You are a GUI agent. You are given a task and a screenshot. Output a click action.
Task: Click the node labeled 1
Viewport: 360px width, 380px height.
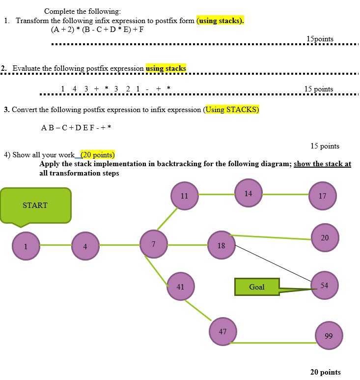click(x=26, y=246)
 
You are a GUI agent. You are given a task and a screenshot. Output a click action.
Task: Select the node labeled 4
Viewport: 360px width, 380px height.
click(x=85, y=246)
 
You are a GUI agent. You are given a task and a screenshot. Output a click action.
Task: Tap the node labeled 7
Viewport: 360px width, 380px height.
click(x=153, y=243)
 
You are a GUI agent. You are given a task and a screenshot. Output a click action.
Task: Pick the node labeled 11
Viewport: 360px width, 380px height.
click(x=184, y=195)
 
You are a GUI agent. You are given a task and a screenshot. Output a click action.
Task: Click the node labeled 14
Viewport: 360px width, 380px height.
click(x=248, y=193)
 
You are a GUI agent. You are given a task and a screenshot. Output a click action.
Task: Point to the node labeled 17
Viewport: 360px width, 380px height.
click(x=322, y=195)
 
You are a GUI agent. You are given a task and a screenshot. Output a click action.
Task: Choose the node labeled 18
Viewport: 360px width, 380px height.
click(x=222, y=245)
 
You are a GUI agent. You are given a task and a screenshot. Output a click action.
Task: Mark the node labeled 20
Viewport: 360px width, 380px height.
click(x=325, y=237)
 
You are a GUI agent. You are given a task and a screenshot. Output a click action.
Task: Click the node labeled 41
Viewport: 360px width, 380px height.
click(x=180, y=286)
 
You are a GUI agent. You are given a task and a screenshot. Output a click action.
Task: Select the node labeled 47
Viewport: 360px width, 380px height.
click(x=222, y=331)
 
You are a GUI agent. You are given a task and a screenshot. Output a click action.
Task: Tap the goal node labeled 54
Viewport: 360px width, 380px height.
click(x=324, y=285)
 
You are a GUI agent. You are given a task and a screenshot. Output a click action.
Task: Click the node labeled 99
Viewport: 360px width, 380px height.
click(x=329, y=336)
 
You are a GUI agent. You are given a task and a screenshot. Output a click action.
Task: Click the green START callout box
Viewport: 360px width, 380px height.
click(x=35, y=205)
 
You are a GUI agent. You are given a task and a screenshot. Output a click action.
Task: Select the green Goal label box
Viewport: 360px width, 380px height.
click(x=257, y=287)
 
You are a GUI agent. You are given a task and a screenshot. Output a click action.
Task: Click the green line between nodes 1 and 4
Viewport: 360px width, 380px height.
click(x=55, y=245)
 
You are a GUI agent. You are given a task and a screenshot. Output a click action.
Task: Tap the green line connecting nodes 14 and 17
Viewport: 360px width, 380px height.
click(x=285, y=195)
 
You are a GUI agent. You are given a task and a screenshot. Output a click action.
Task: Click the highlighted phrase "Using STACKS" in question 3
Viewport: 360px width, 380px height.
click(x=232, y=110)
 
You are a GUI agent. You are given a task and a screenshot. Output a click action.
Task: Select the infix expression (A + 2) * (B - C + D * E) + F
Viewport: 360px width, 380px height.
click(x=97, y=29)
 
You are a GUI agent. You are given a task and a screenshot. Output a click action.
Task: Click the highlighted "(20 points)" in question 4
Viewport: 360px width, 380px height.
click(x=97, y=154)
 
